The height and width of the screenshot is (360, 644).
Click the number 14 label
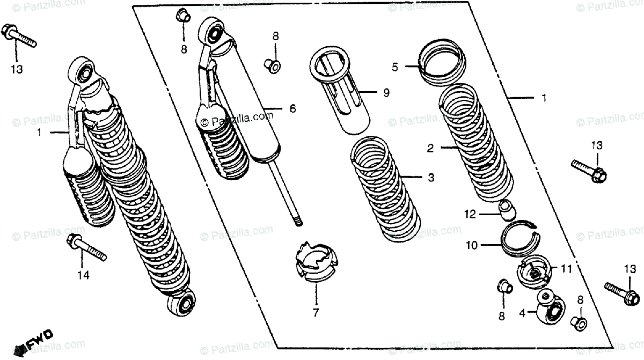click(x=83, y=275)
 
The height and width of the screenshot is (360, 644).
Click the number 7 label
click(x=316, y=312)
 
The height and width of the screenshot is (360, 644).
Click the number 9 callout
click(x=385, y=93)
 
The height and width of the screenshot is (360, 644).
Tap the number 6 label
click(x=293, y=108)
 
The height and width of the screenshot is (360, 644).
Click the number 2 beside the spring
click(x=430, y=149)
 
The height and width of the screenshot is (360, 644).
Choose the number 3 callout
click(x=431, y=178)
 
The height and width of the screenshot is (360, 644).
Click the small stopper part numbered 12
click(x=507, y=209)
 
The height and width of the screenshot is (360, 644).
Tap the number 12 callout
click(x=471, y=214)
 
